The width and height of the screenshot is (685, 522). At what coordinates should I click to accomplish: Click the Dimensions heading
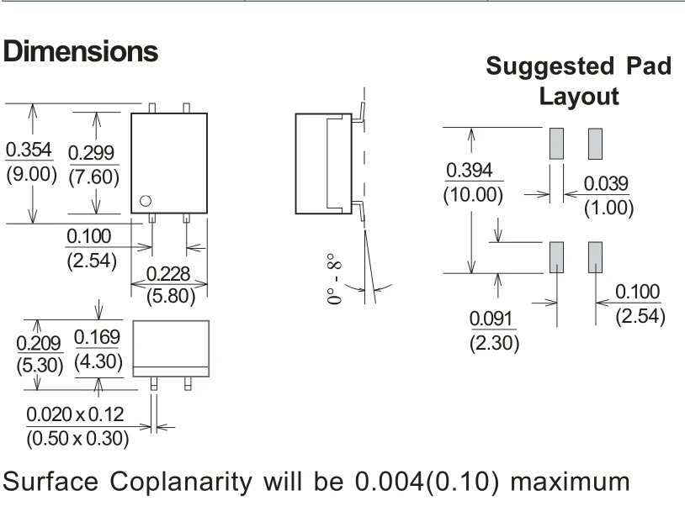[81, 51]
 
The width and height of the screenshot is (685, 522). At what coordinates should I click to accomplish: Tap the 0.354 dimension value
[29, 150]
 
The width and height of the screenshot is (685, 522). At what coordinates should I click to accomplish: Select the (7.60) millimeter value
[94, 177]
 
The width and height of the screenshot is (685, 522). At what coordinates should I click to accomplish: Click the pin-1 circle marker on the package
[146, 201]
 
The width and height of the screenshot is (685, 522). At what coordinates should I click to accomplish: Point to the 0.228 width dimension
[168, 274]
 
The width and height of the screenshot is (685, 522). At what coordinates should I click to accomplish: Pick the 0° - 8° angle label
[334, 278]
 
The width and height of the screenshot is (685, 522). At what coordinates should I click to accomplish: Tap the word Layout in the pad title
[579, 96]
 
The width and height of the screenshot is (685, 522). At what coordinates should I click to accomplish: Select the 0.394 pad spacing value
[470, 170]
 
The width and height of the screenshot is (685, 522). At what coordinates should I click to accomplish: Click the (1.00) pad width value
[609, 208]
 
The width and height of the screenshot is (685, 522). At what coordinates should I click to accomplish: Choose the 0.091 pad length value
[491, 319]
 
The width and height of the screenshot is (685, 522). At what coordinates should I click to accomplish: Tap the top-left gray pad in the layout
[556, 144]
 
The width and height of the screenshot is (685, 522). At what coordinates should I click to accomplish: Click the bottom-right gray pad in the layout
[595, 257]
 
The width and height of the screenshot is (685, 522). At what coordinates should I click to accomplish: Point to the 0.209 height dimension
[39, 344]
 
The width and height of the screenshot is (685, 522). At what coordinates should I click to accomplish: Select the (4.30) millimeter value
[98, 361]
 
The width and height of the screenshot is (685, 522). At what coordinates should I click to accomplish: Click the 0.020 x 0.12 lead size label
[75, 414]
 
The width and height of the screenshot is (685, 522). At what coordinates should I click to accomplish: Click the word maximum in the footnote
[570, 482]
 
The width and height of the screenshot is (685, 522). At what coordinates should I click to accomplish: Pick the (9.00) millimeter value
[31, 174]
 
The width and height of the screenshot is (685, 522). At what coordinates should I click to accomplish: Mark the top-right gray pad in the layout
[595, 144]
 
